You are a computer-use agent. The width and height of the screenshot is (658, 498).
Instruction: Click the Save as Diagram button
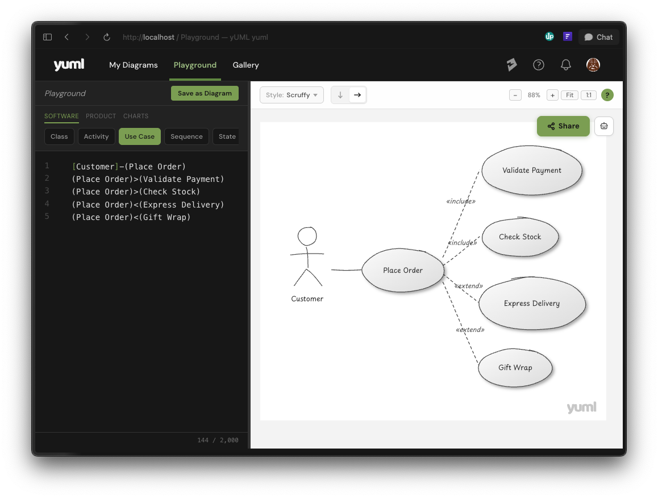(205, 93)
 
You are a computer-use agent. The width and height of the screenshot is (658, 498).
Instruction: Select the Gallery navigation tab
(245, 65)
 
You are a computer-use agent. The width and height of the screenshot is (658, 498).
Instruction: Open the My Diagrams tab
(134, 65)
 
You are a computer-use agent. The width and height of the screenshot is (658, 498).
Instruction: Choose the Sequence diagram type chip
(186, 136)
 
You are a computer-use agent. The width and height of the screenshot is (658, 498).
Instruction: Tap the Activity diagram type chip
(96, 136)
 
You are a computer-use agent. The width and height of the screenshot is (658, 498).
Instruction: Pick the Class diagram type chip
(59, 136)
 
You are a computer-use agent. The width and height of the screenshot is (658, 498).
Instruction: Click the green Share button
(563, 126)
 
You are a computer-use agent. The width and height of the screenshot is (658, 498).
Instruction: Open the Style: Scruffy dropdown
(291, 95)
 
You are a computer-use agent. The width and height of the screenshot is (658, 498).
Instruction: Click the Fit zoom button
(569, 96)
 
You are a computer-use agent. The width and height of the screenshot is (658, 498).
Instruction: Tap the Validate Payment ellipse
(532, 170)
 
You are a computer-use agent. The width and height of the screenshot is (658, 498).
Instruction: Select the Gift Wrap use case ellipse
(515, 367)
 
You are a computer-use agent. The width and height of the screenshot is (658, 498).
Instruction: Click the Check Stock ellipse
(520, 237)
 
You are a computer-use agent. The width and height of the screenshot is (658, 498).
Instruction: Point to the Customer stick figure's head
(307, 236)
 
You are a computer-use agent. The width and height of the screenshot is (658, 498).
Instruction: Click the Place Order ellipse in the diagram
(402, 270)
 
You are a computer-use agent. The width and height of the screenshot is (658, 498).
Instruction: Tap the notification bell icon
(566, 65)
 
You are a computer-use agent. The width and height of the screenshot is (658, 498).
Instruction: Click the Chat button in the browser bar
(598, 37)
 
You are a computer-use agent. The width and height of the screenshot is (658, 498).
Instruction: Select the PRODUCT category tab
(101, 116)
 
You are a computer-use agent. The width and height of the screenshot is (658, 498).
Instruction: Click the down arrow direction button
(340, 95)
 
